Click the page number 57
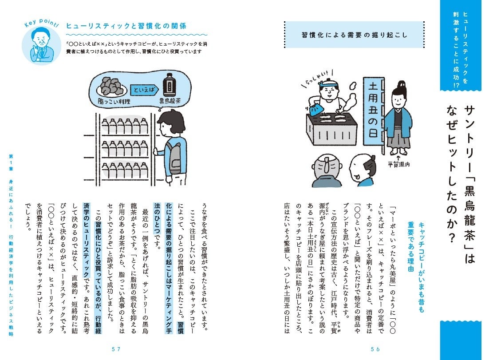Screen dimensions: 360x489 (x=116, y=349)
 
